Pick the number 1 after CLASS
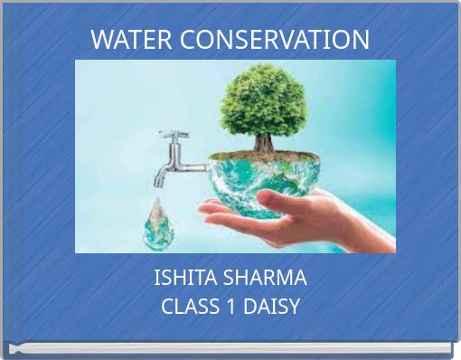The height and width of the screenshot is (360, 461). (x=229, y=306)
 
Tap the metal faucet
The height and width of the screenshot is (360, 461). (x=176, y=163)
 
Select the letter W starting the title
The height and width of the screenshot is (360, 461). (x=101, y=40)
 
